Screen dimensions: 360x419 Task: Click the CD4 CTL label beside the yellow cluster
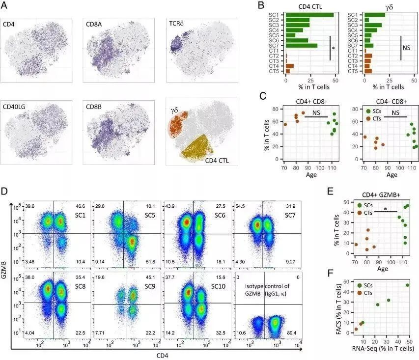pos(218,159)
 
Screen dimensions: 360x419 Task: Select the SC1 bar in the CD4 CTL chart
pos(309,15)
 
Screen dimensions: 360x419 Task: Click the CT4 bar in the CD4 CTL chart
pos(290,66)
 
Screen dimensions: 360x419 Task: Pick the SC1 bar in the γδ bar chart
pos(375,15)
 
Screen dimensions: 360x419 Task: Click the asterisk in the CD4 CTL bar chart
pos(334,48)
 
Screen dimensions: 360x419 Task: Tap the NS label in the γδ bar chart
pos(407,48)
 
